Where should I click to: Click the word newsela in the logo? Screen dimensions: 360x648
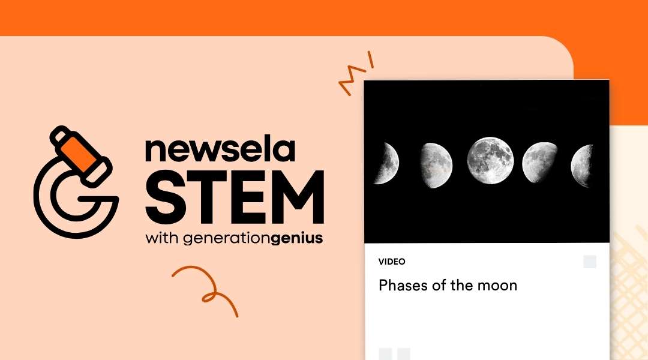220,151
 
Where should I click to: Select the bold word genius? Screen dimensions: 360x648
297,238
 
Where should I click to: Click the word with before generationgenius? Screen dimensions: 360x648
161,238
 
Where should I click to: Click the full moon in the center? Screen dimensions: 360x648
490,160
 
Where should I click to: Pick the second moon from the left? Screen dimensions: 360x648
436,162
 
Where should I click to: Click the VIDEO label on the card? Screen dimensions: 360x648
392,262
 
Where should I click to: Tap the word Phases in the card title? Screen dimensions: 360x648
404,285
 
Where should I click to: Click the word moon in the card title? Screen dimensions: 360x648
497,286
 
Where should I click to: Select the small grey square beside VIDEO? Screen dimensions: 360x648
590,262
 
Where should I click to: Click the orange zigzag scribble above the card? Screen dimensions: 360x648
355,76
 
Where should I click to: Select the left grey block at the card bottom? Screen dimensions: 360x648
385,353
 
